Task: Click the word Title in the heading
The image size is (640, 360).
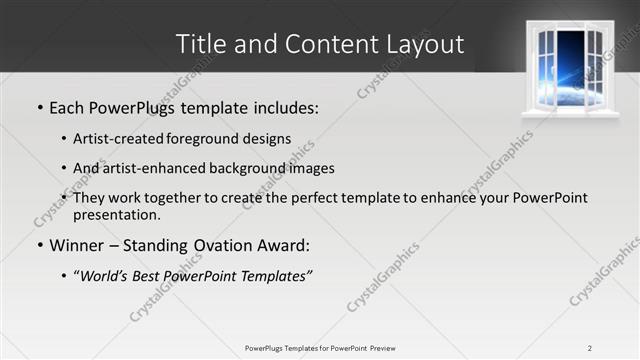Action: [x=199, y=45]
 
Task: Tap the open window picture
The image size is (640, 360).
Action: [x=570, y=68]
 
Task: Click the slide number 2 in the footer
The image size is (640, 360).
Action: [x=589, y=347]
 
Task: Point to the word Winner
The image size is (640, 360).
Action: [x=78, y=244]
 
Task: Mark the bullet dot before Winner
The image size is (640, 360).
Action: [x=39, y=245]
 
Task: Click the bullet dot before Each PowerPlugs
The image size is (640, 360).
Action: [x=39, y=107]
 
